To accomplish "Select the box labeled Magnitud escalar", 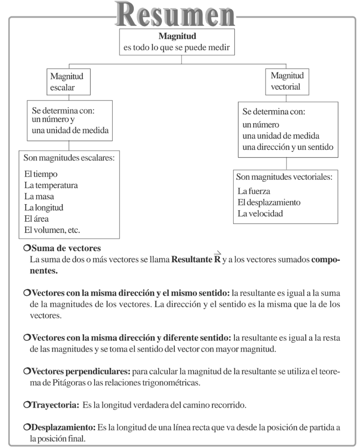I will tap(69, 81).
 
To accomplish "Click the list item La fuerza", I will tap(253, 191).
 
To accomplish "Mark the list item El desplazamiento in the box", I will tap(269, 202).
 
